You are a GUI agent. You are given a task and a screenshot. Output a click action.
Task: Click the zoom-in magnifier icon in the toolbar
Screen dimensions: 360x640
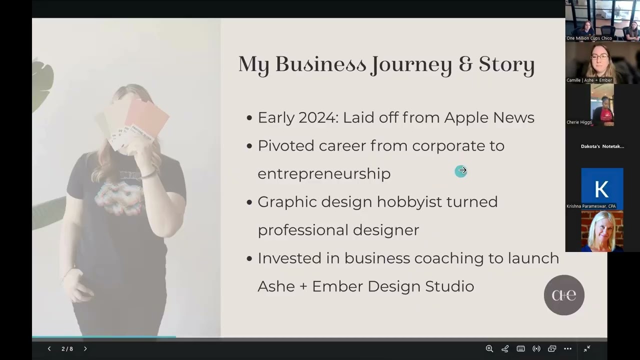pyautogui.click(x=489, y=348)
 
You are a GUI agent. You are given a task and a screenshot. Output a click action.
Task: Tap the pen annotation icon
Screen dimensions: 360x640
pyautogui.click(x=505, y=348)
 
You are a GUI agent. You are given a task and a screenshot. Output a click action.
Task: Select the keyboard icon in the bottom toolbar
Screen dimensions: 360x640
pyautogui.click(x=520, y=348)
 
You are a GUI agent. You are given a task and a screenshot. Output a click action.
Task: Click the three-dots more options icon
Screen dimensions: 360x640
pyautogui.click(x=567, y=348)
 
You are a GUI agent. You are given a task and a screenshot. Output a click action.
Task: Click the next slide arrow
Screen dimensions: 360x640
pyautogui.click(x=85, y=348)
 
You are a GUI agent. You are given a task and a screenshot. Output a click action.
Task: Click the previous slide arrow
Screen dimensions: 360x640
pyautogui.click(x=49, y=348)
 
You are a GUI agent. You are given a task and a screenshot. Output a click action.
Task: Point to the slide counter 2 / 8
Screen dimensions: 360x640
pyautogui.click(x=67, y=348)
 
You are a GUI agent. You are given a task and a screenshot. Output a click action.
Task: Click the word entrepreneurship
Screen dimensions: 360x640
pyautogui.click(x=324, y=174)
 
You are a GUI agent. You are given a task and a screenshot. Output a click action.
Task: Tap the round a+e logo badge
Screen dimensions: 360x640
pyautogui.click(x=564, y=295)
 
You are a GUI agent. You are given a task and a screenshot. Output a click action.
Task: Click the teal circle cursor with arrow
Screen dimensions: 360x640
pyautogui.click(x=461, y=171)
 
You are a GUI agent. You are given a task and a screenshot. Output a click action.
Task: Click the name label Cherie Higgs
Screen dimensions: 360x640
pyautogui.click(x=579, y=122)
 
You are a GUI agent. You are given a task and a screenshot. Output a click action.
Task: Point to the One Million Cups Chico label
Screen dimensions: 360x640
pyautogui.click(x=589, y=38)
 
